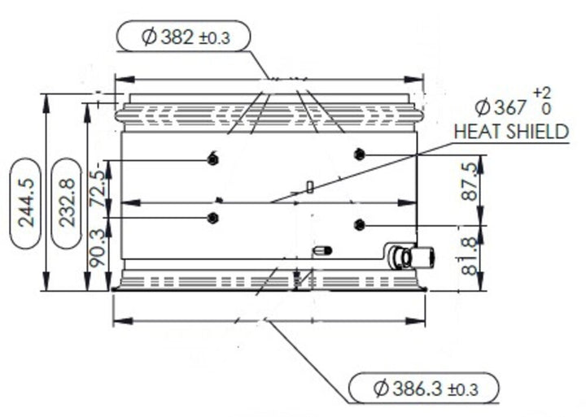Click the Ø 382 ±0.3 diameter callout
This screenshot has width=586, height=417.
click(x=182, y=37)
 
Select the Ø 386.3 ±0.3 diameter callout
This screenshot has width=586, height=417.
click(x=422, y=389)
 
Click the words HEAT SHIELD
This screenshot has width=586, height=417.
click(x=510, y=132)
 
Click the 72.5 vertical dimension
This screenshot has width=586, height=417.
click(x=98, y=188)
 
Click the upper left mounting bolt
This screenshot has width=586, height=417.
click(x=212, y=159)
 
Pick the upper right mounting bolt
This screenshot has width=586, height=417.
click(x=360, y=154)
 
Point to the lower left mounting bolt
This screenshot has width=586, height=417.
click(x=212, y=217)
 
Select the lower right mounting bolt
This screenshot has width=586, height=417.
click(x=360, y=224)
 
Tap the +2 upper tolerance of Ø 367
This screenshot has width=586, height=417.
click(x=541, y=93)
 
